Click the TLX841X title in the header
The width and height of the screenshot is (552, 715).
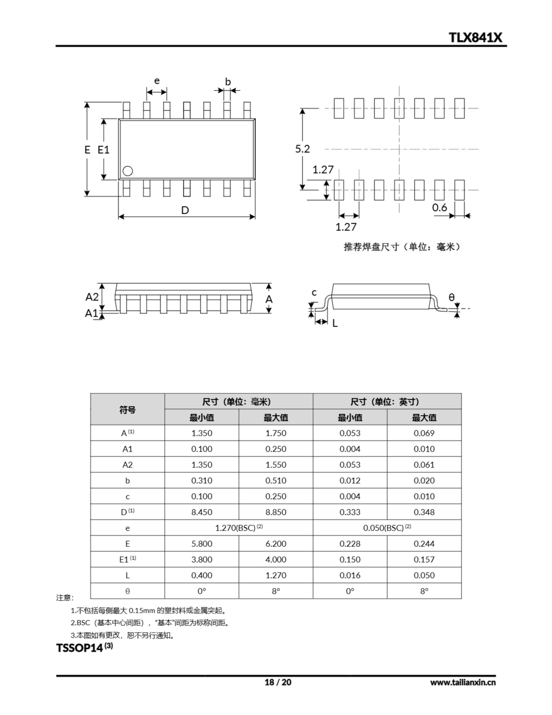[x=475, y=37]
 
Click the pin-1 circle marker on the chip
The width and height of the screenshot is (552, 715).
[x=128, y=171]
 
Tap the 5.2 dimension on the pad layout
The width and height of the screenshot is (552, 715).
[x=302, y=149]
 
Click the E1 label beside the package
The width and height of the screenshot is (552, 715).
[x=104, y=150]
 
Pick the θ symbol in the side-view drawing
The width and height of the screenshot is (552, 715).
[x=451, y=297]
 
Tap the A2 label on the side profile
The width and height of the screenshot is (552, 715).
[x=92, y=297]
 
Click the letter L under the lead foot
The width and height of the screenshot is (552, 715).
[x=335, y=323]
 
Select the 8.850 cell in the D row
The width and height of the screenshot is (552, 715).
[x=275, y=512]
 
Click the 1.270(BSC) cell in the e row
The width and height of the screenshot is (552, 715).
[x=239, y=528]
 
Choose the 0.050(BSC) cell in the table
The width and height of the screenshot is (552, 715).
[x=387, y=528]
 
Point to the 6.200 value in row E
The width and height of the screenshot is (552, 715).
[x=275, y=544]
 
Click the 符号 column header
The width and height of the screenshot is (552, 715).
[x=127, y=409]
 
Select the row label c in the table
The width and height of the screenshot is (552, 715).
[x=127, y=496]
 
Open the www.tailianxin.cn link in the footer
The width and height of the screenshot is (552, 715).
[x=462, y=682]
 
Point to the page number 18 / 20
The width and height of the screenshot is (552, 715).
[x=277, y=682]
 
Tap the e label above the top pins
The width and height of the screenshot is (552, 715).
[x=157, y=81]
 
